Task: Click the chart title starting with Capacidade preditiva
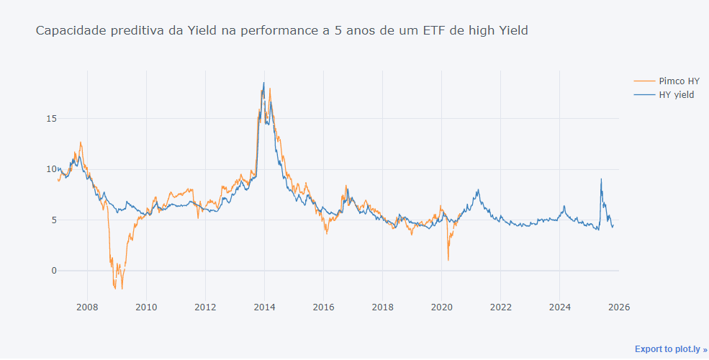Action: tap(281, 30)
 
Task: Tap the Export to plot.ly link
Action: tap(671, 349)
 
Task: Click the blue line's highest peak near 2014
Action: tap(263, 83)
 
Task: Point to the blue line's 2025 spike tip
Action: tap(601, 179)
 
